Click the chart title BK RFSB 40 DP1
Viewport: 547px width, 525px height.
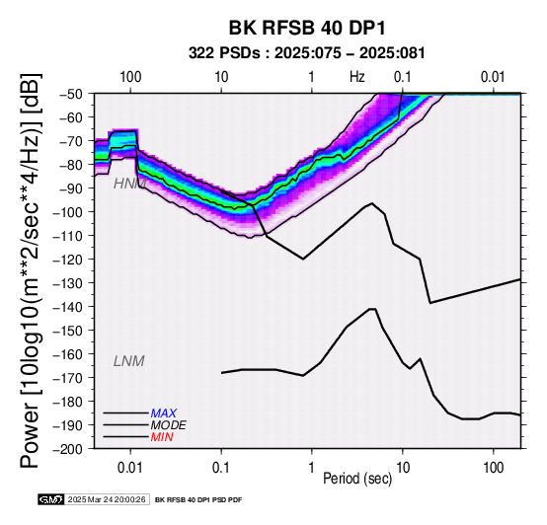tap(307, 28)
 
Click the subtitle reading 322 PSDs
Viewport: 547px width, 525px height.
tap(224, 53)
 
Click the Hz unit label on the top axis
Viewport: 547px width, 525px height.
tap(357, 77)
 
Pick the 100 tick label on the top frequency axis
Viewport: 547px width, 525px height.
tap(130, 77)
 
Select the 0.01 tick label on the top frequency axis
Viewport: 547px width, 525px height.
tap(493, 77)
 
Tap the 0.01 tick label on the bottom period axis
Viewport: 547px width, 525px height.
tap(130, 468)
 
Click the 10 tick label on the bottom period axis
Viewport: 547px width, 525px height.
tap(403, 468)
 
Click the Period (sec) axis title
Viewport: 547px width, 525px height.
tap(357, 479)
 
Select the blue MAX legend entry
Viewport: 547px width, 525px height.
tap(163, 413)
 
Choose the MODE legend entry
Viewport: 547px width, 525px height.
tap(168, 425)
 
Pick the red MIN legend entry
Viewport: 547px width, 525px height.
tap(162, 437)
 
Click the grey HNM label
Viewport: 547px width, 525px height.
tap(129, 184)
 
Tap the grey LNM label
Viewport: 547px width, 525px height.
tap(128, 361)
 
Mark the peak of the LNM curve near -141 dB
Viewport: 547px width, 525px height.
tap(372, 309)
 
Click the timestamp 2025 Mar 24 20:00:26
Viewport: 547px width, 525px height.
tap(107, 499)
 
